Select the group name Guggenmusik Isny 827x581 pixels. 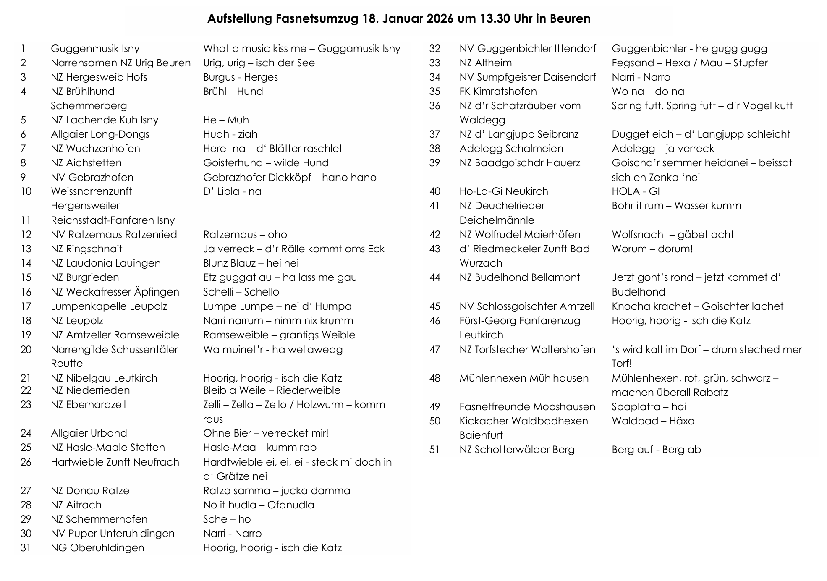[95, 49]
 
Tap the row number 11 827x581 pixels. [26, 220]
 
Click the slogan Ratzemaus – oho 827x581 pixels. [245, 235]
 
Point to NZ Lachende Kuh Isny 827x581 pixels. [105, 120]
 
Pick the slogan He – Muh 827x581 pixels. [226, 120]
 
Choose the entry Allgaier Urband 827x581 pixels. [89, 433]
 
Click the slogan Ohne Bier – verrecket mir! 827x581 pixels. [266, 433]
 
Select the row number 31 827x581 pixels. [26, 548]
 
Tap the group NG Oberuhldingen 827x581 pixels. [97, 548]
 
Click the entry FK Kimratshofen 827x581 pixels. [498, 92]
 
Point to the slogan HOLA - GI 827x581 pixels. [636, 191]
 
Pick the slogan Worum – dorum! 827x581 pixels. [652, 249]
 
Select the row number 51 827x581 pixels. [434, 450]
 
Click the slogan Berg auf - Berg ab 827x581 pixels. [656, 450]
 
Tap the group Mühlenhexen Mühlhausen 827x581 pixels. [524, 378]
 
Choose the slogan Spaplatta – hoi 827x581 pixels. [649, 407]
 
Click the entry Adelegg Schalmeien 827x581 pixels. [511, 149]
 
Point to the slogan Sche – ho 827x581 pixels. [227, 519]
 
